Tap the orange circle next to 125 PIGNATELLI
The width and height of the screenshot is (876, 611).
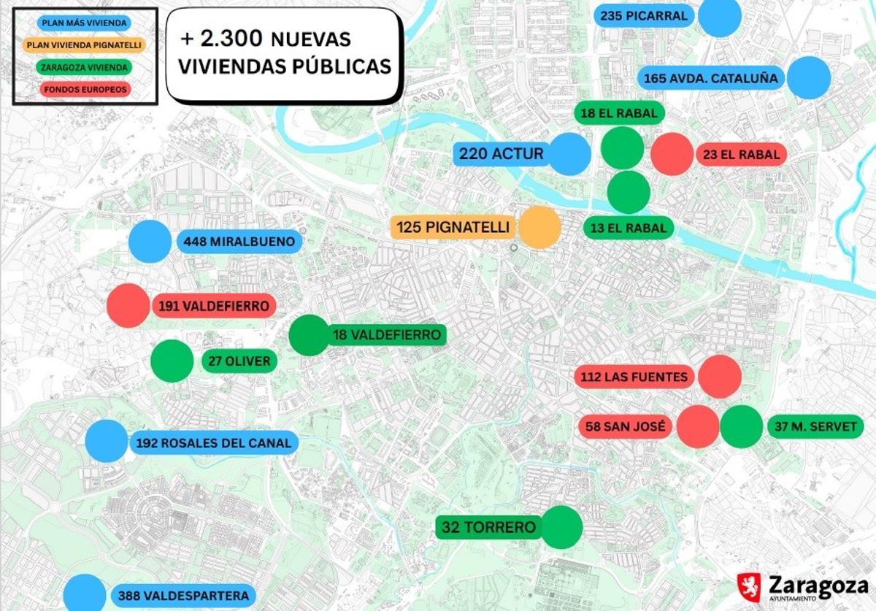[539, 227]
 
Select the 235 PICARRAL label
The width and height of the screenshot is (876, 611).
[644, 16]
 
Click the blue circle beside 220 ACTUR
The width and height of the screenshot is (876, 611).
[569, 154]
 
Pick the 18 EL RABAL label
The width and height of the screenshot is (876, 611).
[620, 112]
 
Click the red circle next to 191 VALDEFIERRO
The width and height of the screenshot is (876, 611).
[128, 305]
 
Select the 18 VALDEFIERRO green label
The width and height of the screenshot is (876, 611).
[387, 335]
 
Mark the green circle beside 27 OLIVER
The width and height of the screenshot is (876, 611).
[172, 361]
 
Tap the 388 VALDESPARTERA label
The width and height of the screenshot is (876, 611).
[183, 596]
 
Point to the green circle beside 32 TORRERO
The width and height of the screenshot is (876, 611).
[562, 526]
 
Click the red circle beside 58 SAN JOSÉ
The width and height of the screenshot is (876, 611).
[698, 426]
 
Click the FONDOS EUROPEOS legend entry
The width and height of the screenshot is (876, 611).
[85, 90]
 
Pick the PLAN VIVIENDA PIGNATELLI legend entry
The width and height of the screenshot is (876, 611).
[85, 45]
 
